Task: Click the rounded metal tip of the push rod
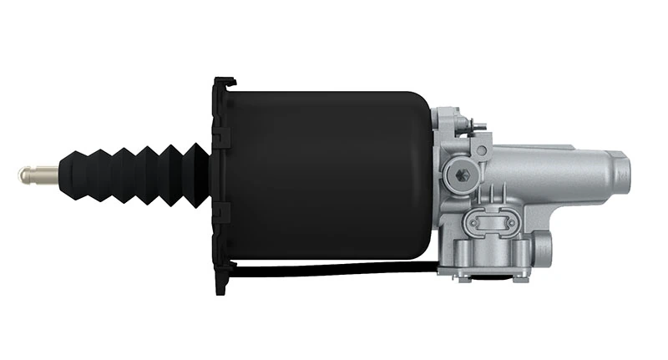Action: [x=23, y=175]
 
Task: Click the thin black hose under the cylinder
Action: [x=334, y=270]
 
